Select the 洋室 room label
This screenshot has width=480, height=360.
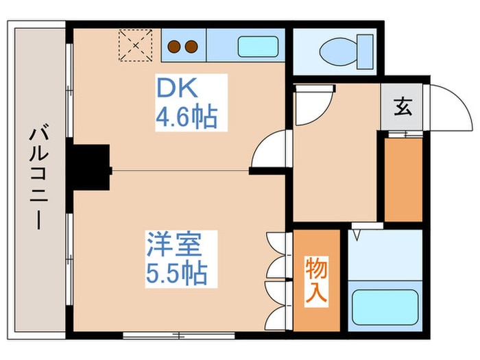coord(172,244)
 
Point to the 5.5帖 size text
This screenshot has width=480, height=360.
coord(176,274)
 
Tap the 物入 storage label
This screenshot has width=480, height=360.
coord(317,280)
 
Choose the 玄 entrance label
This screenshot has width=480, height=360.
coord(403,108)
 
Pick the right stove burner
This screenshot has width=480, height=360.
coord(191,47)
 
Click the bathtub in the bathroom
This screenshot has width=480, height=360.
coord(385,308)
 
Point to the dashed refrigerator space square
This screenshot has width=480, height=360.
coord(134,45)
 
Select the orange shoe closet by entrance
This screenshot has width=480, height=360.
coord(403,180)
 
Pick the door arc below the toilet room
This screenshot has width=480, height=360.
coord(313,103)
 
